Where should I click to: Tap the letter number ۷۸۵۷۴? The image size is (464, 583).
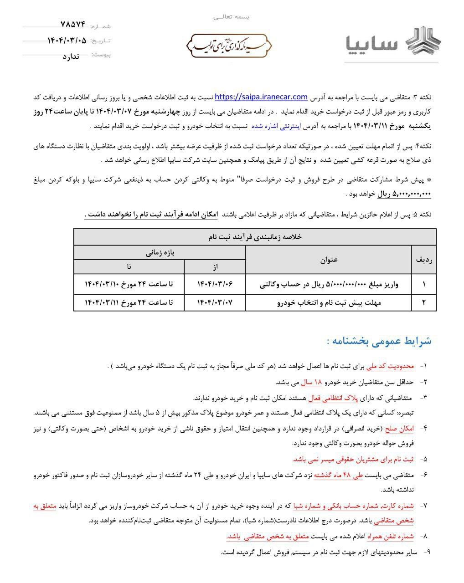coord(72,25)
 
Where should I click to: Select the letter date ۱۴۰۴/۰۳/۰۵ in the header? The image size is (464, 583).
coord(67,41)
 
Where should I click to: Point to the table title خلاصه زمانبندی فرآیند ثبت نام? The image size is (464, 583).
coord(255,237)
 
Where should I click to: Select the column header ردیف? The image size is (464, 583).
coord(424,259)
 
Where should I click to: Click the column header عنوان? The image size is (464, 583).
coord(329,259)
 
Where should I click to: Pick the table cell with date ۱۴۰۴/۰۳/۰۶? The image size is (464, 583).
coord(215,284)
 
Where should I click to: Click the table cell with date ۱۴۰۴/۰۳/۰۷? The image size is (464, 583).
coord(215,302)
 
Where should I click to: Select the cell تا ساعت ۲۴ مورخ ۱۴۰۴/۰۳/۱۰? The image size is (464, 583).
coord(129,284)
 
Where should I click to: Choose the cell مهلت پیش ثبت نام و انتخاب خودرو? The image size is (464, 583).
coord(329,302)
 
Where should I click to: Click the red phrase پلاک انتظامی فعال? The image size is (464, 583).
coord(334,398)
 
